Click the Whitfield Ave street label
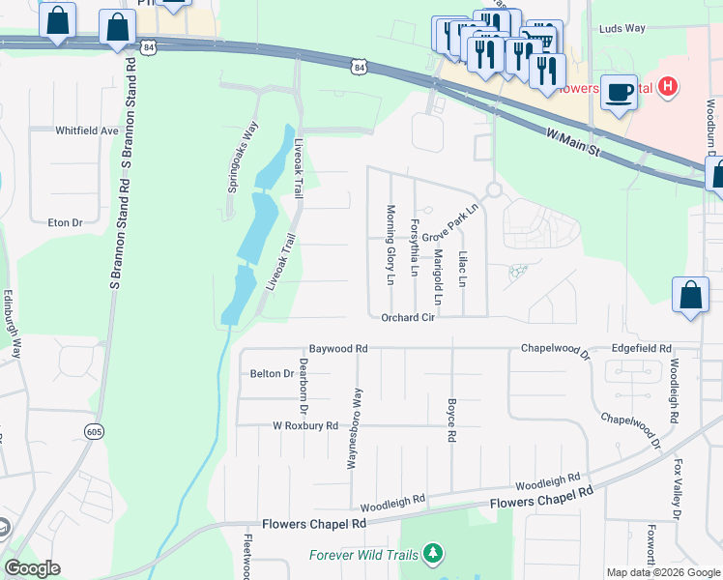click(x=86, y=130)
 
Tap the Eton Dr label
click(x=66, y=222)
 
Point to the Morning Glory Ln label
click(x=391, y=245)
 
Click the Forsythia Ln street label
click(x=414, y=246)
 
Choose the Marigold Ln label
click(x=437, y=276)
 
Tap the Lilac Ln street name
click(x=462, y=269)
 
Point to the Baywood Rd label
click(x=338, y=348)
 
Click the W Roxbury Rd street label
click(x=305, y=425)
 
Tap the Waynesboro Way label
click(x=357, y=428)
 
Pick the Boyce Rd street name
click(x=451, y=420)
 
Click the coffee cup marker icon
click(x=620, y=93)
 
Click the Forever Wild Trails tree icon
click(x=435, y=554)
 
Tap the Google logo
click(x=32, y=569)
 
